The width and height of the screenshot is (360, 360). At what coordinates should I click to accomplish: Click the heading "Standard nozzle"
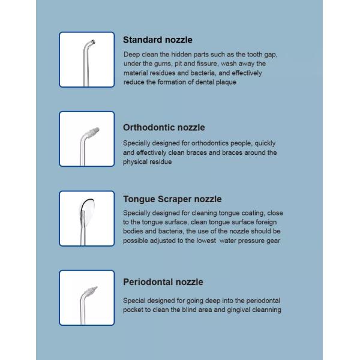coord(157,40)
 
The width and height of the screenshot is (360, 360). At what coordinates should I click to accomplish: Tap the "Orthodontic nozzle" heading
coord(164,127)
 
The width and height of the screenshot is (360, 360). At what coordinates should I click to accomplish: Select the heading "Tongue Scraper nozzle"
coord(172,199)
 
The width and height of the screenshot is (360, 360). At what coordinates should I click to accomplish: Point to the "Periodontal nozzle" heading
coord(163,282)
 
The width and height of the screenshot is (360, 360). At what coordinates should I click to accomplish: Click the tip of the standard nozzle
coord(93,42)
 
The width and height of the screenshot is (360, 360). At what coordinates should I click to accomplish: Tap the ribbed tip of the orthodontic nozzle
coord(94,132)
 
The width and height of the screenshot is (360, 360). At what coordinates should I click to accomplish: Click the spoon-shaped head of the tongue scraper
coord(87,209)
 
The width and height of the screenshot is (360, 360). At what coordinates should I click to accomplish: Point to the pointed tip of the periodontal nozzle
coord(97,287)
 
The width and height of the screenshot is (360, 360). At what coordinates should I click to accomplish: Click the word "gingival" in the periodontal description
coord(238,310)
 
